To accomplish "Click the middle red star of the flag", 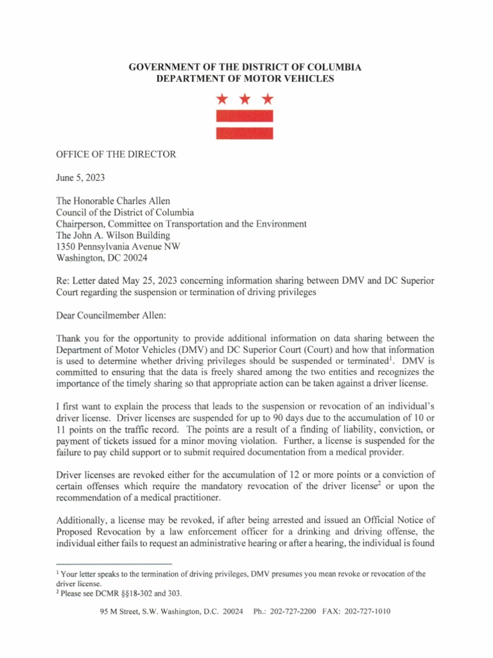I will (x=245, y=99).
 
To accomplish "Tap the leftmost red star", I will (x=222, y=99).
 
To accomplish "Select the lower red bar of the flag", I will (x=245, y=133).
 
